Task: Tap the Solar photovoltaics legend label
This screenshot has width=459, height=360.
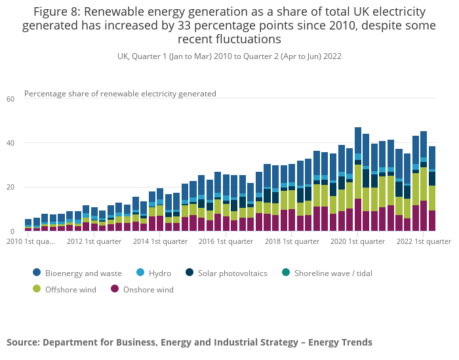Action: [x=231, y=273]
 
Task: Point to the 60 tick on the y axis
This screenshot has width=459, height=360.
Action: [x=10, y=99]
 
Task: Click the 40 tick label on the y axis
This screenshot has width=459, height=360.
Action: [x=10, y=143]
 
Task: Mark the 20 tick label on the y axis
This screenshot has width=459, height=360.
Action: [x=10, y=188]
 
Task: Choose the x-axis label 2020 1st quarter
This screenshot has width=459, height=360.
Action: [x=359, y=241]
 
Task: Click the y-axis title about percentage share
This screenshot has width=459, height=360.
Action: [x=120, y=94]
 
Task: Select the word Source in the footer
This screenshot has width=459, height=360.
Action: [x=22, y=342]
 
